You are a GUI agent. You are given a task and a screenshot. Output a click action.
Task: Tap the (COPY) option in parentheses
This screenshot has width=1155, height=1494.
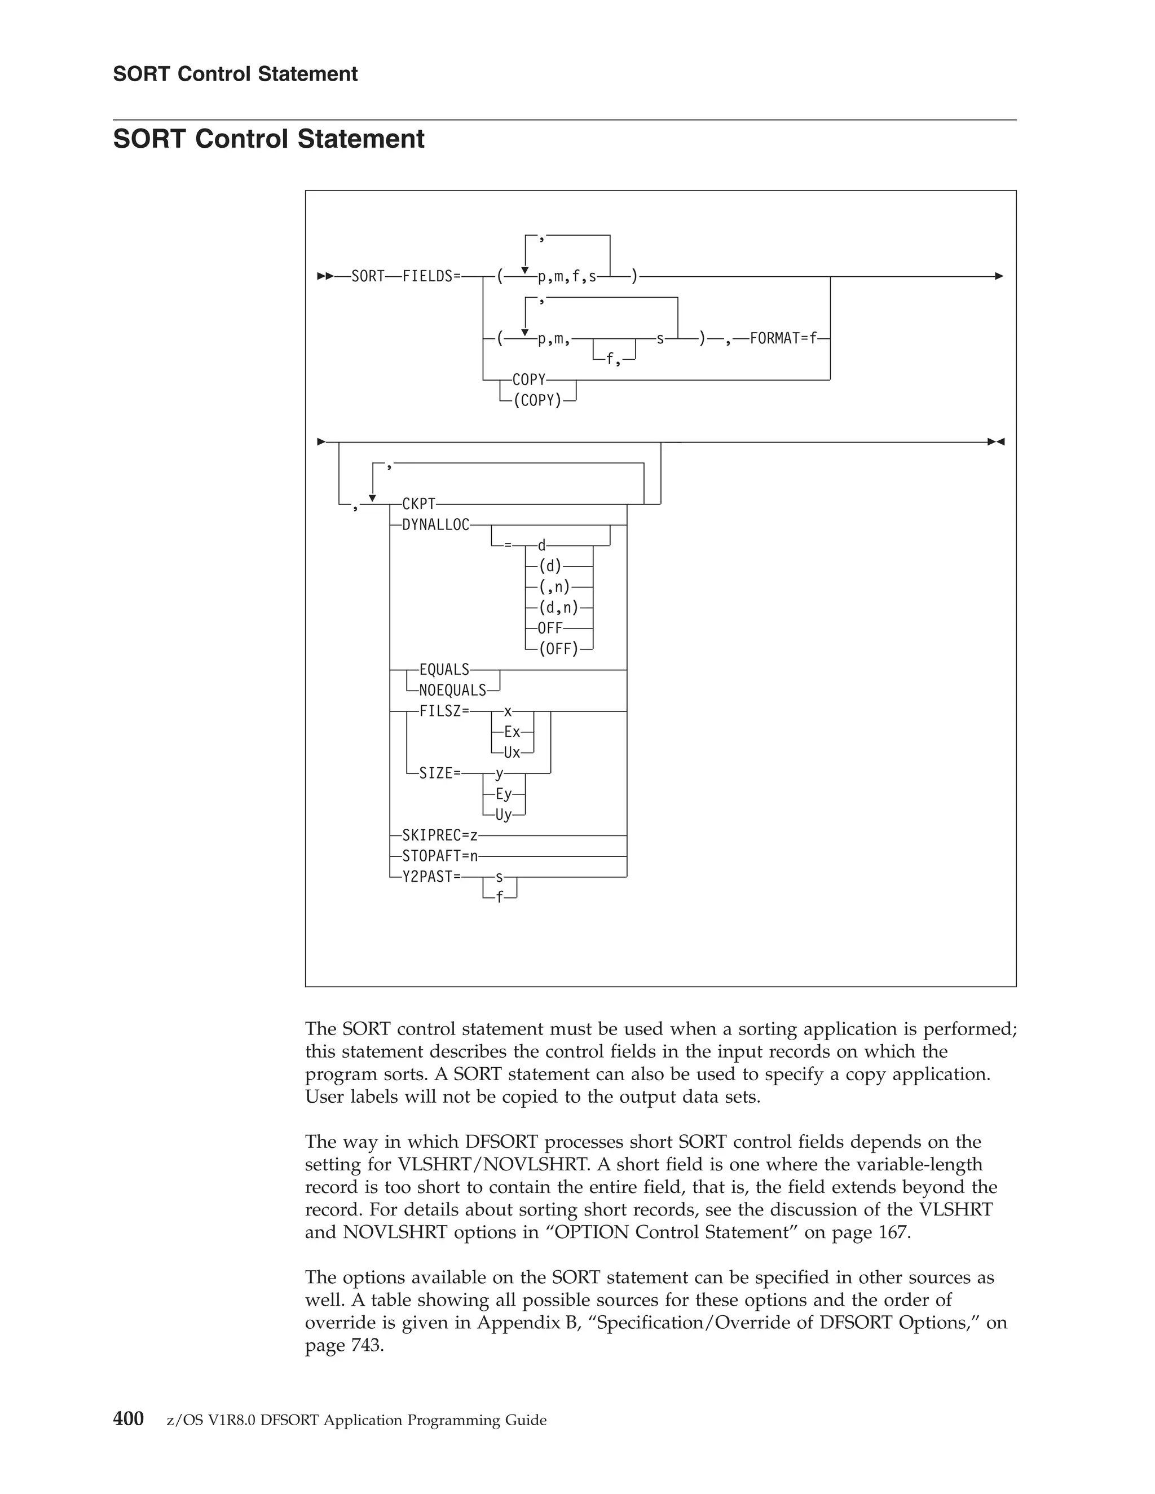pyautogui.click(x=537, y=400)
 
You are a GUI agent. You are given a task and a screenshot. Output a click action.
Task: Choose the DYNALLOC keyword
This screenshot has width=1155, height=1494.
pyautogui.click(x=436, y=525)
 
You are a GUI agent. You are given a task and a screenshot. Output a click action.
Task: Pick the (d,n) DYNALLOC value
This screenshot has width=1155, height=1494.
pyautogui.click(x=558, y=607)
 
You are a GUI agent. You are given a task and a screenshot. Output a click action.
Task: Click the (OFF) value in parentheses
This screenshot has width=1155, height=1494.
pyautogui.click(x=558, y=648)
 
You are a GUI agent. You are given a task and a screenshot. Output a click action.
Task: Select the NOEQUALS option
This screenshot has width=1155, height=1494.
pyautogui.click(x=452, y=690)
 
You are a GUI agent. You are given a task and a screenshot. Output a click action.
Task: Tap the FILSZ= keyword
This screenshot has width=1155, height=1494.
pyautogui.click(x=444, y=711)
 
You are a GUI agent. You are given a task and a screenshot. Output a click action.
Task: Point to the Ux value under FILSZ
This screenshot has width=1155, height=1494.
pyautogui.click(x=512, y=753)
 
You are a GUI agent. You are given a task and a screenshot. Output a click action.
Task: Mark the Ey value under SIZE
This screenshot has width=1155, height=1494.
pyautogui.click(x=504, y=794)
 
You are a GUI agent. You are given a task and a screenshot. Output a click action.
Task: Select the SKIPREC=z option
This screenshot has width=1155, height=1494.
pyautogui.click(x=440, y=836)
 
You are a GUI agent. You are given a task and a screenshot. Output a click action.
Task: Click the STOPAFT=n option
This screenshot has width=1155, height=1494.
pyautogui.click(x=440, y=856)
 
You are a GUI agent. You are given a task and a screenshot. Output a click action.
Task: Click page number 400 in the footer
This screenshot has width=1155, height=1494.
pyautogui.click(x=129, y=1419)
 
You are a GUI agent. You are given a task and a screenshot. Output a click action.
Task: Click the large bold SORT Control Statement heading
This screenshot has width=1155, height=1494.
pyautogui.click(x=269, y=139)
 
